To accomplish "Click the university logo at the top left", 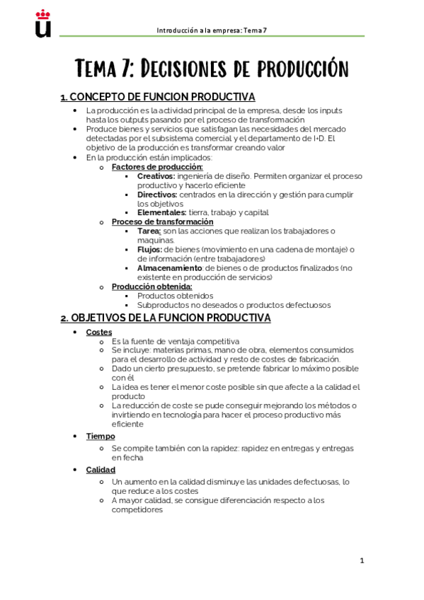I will tap(43, 23).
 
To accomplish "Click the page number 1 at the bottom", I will tap(362, 560).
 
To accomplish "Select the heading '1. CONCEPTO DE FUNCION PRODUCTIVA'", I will tap(158, 97).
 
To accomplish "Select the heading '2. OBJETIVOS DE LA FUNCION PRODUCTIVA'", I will tap(166, 318).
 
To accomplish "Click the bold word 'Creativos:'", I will tap(156, 175).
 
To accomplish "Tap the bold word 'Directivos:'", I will tap(157, 194).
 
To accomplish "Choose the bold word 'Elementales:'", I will tap(162, 212).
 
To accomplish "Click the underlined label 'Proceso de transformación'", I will tap(162, 221).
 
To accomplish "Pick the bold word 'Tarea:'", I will tap(149, 231).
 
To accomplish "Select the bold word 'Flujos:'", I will tap(149, 249).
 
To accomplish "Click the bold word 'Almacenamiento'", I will tap(170, 268).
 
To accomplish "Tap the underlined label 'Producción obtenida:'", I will tap(151, 287).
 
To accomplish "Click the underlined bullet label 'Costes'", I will tap(98, 332).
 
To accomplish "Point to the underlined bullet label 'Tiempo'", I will tap(100, 436).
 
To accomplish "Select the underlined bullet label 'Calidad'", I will tap(101, 469).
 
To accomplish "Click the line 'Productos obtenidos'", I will tap(175, 296).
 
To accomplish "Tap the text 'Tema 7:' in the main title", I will tap(105, 69).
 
